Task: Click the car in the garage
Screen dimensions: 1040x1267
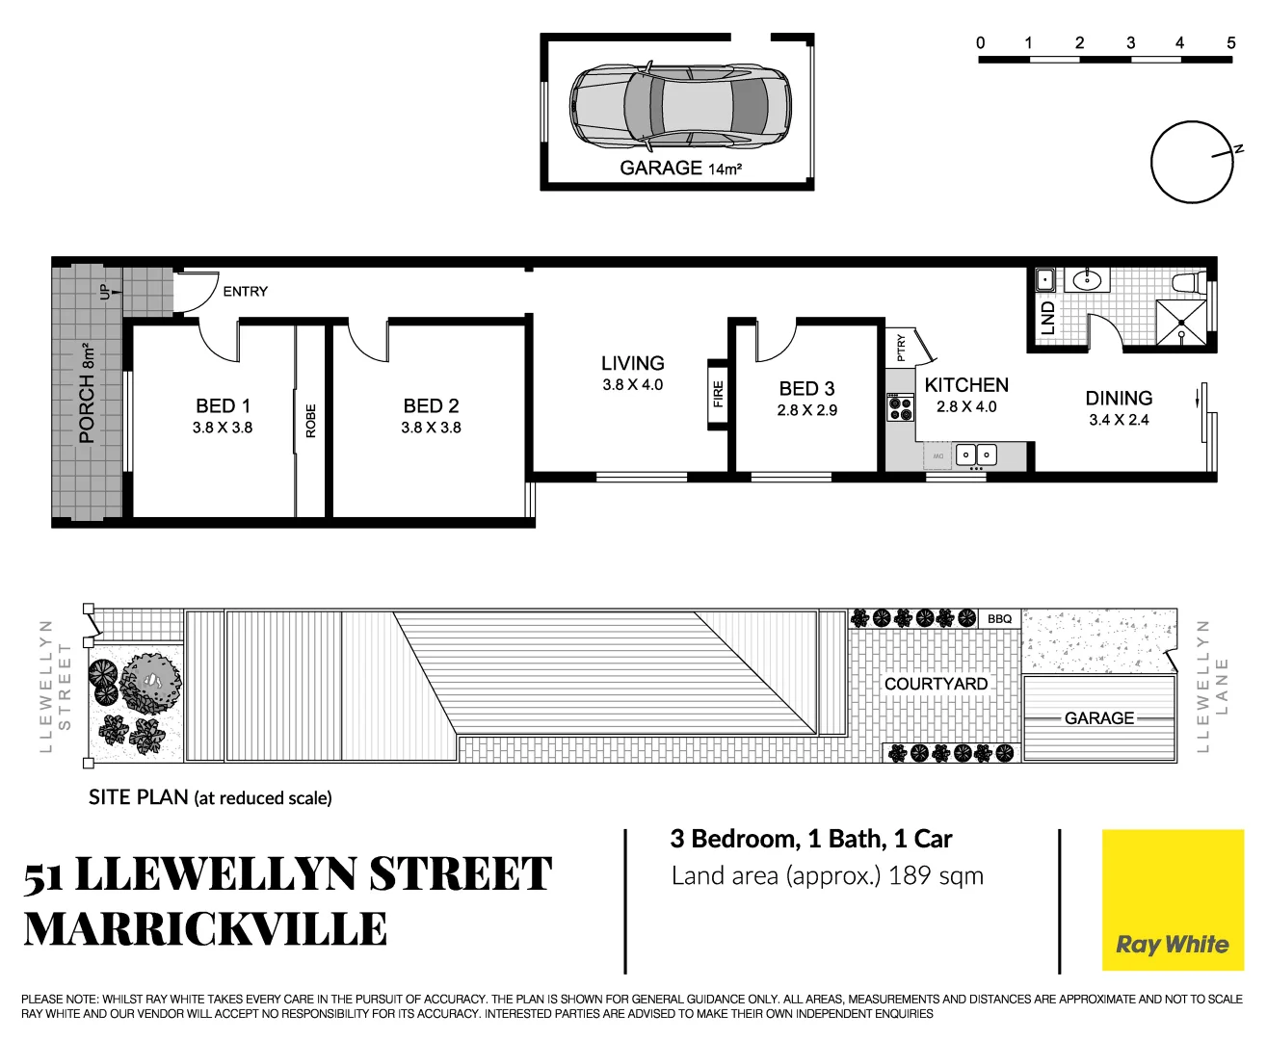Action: point(680,106)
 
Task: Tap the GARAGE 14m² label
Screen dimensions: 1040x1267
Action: point(680,169)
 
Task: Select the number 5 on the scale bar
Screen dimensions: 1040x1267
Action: point(1230,42)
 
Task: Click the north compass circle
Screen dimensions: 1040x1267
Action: point(1192,162)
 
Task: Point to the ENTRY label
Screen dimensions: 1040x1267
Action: point(245,291)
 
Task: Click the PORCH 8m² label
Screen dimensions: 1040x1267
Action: point(87,393)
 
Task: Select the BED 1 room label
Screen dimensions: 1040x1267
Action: point(223,406)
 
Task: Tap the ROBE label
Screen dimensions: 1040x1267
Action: point(310,421)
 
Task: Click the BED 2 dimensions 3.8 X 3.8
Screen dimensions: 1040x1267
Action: point(431,428)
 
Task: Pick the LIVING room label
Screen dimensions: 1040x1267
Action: point(632,363)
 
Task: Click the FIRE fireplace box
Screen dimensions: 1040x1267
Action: point(718,395)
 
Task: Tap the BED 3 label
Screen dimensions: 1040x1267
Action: point(806,388)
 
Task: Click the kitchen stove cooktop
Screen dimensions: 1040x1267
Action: point(901,408)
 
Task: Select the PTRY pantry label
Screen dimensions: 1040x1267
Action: point(901,347)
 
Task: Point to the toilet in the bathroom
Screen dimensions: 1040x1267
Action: point(1187,283)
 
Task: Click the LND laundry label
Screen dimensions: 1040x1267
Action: point(1047,318)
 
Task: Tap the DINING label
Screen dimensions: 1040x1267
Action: point(1119,398)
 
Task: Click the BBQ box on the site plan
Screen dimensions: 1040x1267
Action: point(1000,618)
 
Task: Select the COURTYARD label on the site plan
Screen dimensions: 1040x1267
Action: point(936,684)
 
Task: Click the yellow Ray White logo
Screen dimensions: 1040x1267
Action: point(1173,900)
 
